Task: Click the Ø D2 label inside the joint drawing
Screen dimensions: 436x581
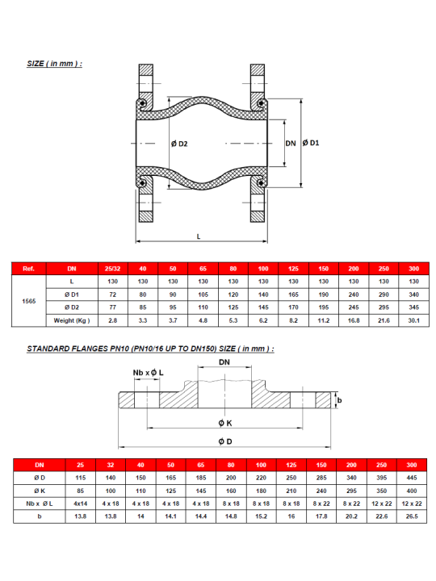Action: tap(179, 144)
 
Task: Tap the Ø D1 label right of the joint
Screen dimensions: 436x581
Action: tap(311, 143)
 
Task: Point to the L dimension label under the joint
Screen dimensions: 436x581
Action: tap(199, 236)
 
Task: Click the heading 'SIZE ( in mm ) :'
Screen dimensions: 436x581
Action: tap(55, 64)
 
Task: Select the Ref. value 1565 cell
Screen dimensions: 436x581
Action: tap(29, 301)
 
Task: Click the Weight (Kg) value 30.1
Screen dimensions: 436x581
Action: tap(413, 320)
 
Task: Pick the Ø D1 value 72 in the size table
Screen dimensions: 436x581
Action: tap(113, 295)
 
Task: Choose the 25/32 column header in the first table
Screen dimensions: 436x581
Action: tap(113, 269)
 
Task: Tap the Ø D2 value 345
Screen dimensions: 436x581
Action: tap(413, 307)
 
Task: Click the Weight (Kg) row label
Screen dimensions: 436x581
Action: tap(72, 320)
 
